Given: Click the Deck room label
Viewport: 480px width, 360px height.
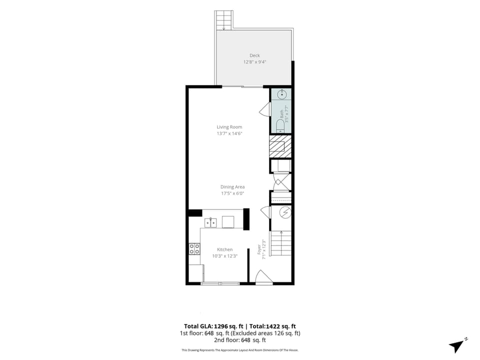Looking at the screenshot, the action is click(254, 55).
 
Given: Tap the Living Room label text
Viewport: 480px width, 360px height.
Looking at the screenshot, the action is click(229, 126).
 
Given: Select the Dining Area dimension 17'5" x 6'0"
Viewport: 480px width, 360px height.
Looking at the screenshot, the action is click(232, 193).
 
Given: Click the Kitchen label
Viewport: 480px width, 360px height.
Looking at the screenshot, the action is click(224, 249).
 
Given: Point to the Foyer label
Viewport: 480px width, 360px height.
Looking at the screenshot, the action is click(259, 249).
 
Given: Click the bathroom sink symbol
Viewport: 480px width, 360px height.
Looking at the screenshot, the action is click(282, 94).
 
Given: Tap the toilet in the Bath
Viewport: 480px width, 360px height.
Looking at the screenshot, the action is click(280, 126).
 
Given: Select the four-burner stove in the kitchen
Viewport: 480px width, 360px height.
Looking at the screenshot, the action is click(194, 248).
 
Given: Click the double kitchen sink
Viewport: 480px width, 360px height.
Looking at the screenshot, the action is click(210, 222).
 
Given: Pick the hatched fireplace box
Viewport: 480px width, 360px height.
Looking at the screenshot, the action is click(280, 146).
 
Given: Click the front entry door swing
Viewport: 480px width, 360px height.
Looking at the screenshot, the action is click(263, 277).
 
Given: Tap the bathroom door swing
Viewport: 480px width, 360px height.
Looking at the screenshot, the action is click(265, 109).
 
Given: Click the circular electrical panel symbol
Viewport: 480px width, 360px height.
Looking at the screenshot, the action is click(286, 212).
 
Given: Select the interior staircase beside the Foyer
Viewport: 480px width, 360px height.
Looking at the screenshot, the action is click(280, 243).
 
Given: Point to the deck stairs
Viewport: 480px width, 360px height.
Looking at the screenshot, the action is click(224, 20).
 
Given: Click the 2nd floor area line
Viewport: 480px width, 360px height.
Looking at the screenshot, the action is click(239, 340).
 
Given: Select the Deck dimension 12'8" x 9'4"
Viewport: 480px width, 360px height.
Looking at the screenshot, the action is click(254, 62).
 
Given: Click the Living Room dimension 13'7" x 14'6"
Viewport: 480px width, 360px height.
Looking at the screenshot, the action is click(229, 133).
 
